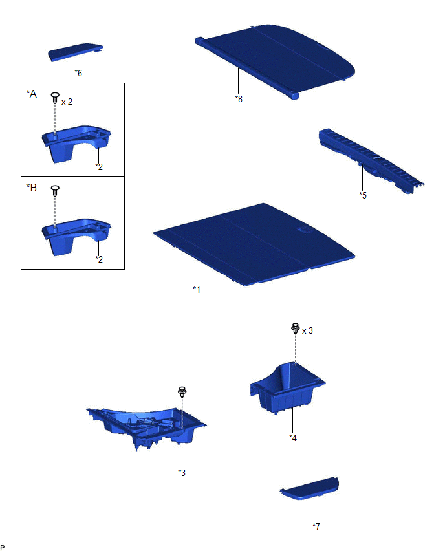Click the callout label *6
click(78, 73)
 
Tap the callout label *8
click(239, 99)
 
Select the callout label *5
click(363, 195)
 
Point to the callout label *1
click(197, 290)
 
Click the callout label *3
click(182, 473)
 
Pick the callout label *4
click(293, 437)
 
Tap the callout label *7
click(316, 526)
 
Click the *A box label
click(31, 94)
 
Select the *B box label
click(31, 188)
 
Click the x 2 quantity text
click(67, 102)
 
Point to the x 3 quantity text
click(307, 330)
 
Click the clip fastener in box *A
click(55, 98)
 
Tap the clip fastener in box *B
click(55, 191)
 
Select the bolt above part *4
click(295, 329)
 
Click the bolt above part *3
click(182, 391)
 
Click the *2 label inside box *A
click(99, 167)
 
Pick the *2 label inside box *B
click(99, 259)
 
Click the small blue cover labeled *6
click(75, 52)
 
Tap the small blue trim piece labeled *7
click(310, 489)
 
